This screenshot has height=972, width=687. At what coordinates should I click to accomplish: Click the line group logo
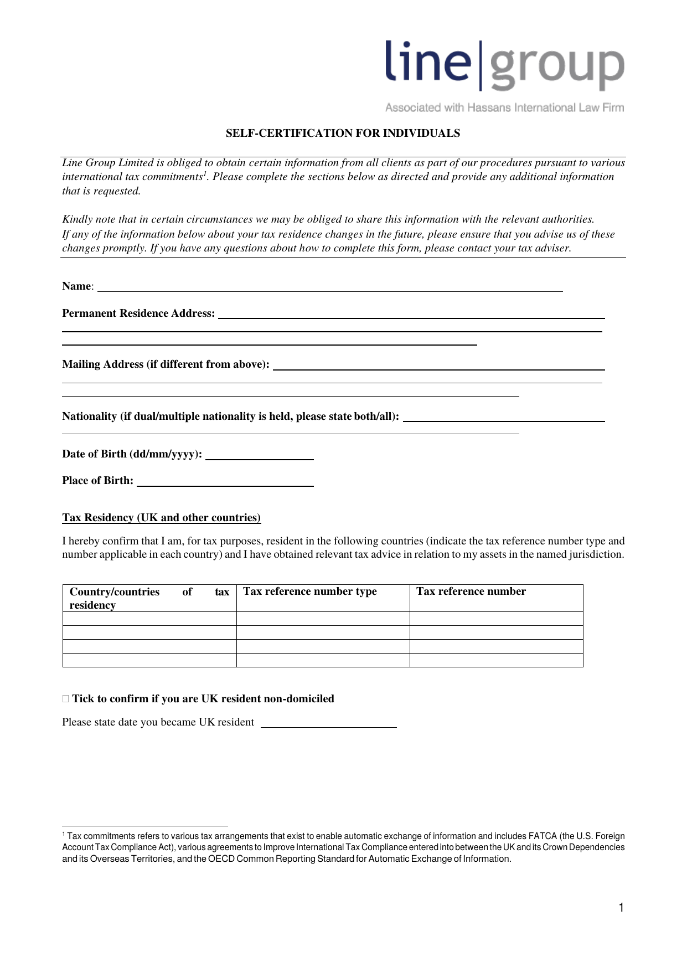[504, 65]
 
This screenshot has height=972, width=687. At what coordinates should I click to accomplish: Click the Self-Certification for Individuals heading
[343, 133]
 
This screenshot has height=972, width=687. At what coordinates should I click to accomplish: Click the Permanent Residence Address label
[138, 313]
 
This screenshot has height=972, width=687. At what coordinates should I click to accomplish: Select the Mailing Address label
[166, 364]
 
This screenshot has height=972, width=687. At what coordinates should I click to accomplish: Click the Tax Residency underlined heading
[161, 518]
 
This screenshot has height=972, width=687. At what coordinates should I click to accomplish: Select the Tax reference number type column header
[310, 592]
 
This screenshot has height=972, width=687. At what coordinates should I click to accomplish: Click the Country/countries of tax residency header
[149, 598]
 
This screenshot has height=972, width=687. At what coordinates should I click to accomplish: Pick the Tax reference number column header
[471, 592]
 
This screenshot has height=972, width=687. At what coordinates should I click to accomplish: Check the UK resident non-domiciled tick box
[66, 699]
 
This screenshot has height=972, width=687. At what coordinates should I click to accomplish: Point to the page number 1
[621, 907]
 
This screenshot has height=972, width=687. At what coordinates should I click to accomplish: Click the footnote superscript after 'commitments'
[204, 173]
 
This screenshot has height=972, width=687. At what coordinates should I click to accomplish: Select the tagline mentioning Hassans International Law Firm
[504, 108]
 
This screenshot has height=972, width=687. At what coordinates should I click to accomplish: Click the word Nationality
[89, 416]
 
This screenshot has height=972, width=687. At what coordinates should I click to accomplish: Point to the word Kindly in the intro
[78, 219]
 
